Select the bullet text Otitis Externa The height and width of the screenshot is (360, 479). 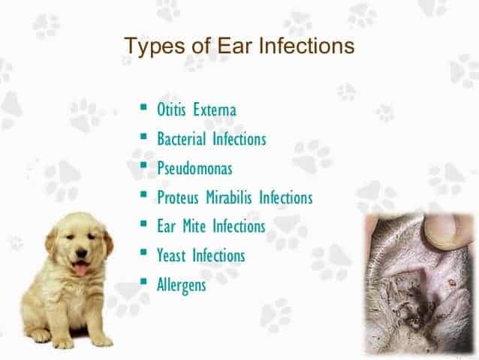(196, 111)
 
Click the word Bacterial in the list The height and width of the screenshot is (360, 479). (182, 140)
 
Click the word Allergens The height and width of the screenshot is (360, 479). (181, 285)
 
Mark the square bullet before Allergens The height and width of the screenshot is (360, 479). (143, 283)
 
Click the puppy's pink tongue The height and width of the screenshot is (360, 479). (80, 269)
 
